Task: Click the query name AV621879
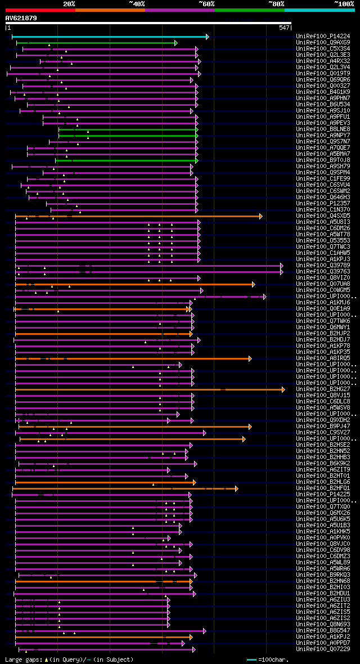coord(21,18)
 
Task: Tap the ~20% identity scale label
coord(69,4)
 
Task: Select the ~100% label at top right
coord(344,4)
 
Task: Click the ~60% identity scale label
coord(206,4)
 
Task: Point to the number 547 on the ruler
coord(284,28)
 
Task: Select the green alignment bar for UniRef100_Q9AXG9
coord(96,43)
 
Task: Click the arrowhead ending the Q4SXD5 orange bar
coord(260,216)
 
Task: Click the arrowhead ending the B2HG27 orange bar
coord(283,389)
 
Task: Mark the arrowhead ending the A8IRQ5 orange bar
coord(250,358)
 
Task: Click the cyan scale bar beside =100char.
coord(251,659)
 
